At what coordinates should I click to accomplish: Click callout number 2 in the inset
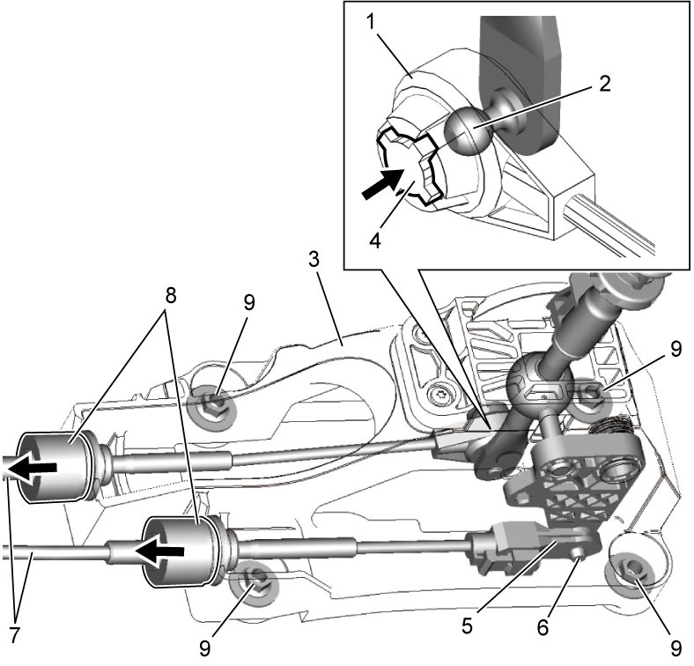604,83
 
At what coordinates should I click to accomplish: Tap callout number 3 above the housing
314,260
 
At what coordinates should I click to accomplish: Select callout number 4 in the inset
374,241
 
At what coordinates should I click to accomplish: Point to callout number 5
467,625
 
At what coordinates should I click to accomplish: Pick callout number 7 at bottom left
15,635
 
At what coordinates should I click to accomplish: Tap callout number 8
171,295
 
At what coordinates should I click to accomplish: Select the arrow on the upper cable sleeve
30,467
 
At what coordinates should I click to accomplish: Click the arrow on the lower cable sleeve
159,551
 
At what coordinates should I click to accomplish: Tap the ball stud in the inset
465,131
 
